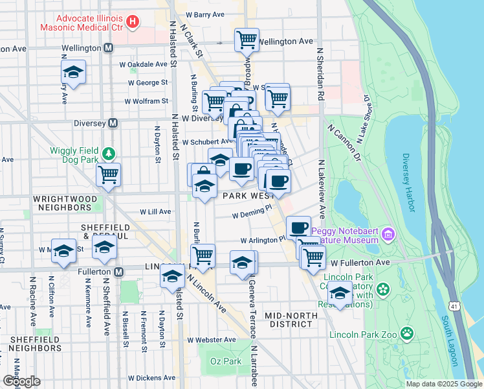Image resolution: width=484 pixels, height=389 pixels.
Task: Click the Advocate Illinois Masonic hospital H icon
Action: (133, 22)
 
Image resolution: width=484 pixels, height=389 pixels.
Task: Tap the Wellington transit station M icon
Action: (108, 48)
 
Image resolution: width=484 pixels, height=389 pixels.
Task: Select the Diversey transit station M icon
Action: (113, 123)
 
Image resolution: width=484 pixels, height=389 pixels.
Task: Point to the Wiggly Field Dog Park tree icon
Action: (110, 153)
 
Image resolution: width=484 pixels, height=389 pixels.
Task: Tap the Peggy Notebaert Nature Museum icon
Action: (388, 233)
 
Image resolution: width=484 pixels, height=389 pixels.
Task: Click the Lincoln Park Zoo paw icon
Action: (407, 334)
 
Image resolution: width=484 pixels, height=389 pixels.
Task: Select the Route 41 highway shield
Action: (452, 303)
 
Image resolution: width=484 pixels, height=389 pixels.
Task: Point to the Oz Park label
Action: (221, 360)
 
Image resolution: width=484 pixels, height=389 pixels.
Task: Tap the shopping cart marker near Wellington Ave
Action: (247, 40)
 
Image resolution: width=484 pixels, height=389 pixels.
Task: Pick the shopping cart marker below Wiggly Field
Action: (108, 174)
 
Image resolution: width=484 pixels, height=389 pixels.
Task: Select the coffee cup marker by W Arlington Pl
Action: (298, 228)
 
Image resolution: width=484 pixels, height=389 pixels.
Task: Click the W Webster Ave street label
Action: (212, 340)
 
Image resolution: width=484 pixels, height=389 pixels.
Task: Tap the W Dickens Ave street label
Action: (152, 378)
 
